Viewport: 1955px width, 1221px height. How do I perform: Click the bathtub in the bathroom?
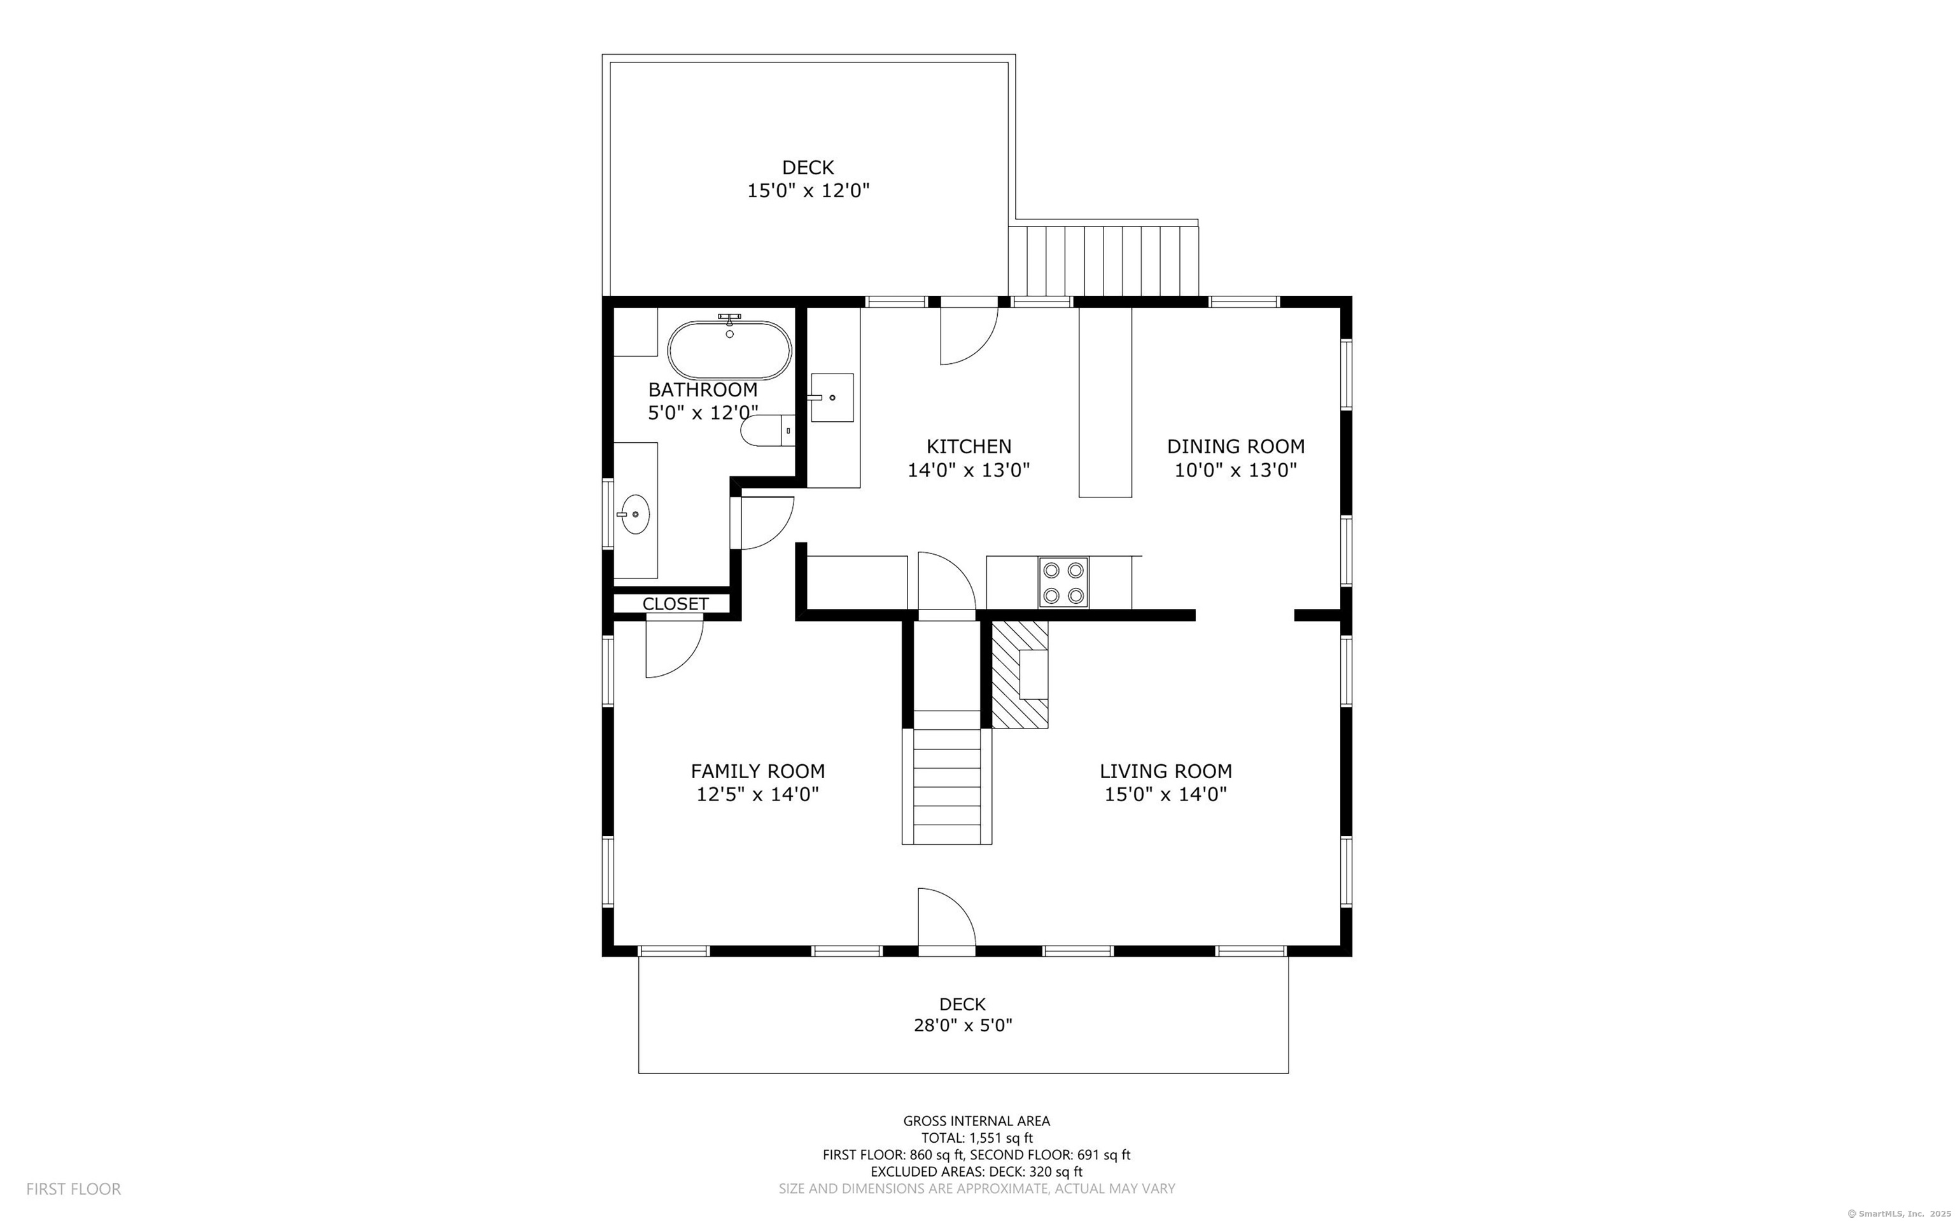(729, 351)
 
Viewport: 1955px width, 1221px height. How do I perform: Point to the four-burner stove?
(1063, 582)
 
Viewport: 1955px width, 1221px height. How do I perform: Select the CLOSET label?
(675, 604)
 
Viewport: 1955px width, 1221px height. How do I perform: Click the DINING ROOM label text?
(1235, 447)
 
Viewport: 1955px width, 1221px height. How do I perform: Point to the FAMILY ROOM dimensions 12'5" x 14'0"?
(757, 795)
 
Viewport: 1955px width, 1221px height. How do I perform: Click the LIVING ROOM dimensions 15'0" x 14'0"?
(1165, 795)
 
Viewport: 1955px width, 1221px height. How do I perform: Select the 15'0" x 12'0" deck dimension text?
(808, 192)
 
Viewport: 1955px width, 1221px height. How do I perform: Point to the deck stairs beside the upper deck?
(1103, 261)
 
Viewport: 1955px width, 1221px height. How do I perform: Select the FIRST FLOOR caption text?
(73, 1189)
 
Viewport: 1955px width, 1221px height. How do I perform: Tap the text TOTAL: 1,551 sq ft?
(976, 1138)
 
